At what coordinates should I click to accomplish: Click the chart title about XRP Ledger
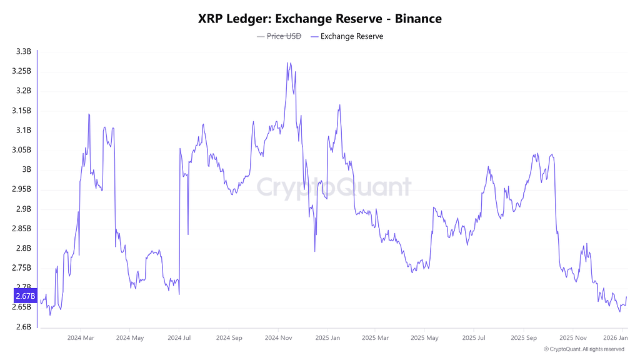319,19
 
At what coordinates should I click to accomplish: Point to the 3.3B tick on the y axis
23,51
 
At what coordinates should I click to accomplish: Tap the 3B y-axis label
26,169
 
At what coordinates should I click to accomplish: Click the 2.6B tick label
23,327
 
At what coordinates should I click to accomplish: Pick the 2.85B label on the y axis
21,228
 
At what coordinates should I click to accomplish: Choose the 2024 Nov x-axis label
278,337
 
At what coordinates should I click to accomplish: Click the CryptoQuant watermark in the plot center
334,187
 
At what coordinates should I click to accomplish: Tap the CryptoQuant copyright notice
584,349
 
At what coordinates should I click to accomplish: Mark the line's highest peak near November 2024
287,62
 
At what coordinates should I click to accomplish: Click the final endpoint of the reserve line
626,297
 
